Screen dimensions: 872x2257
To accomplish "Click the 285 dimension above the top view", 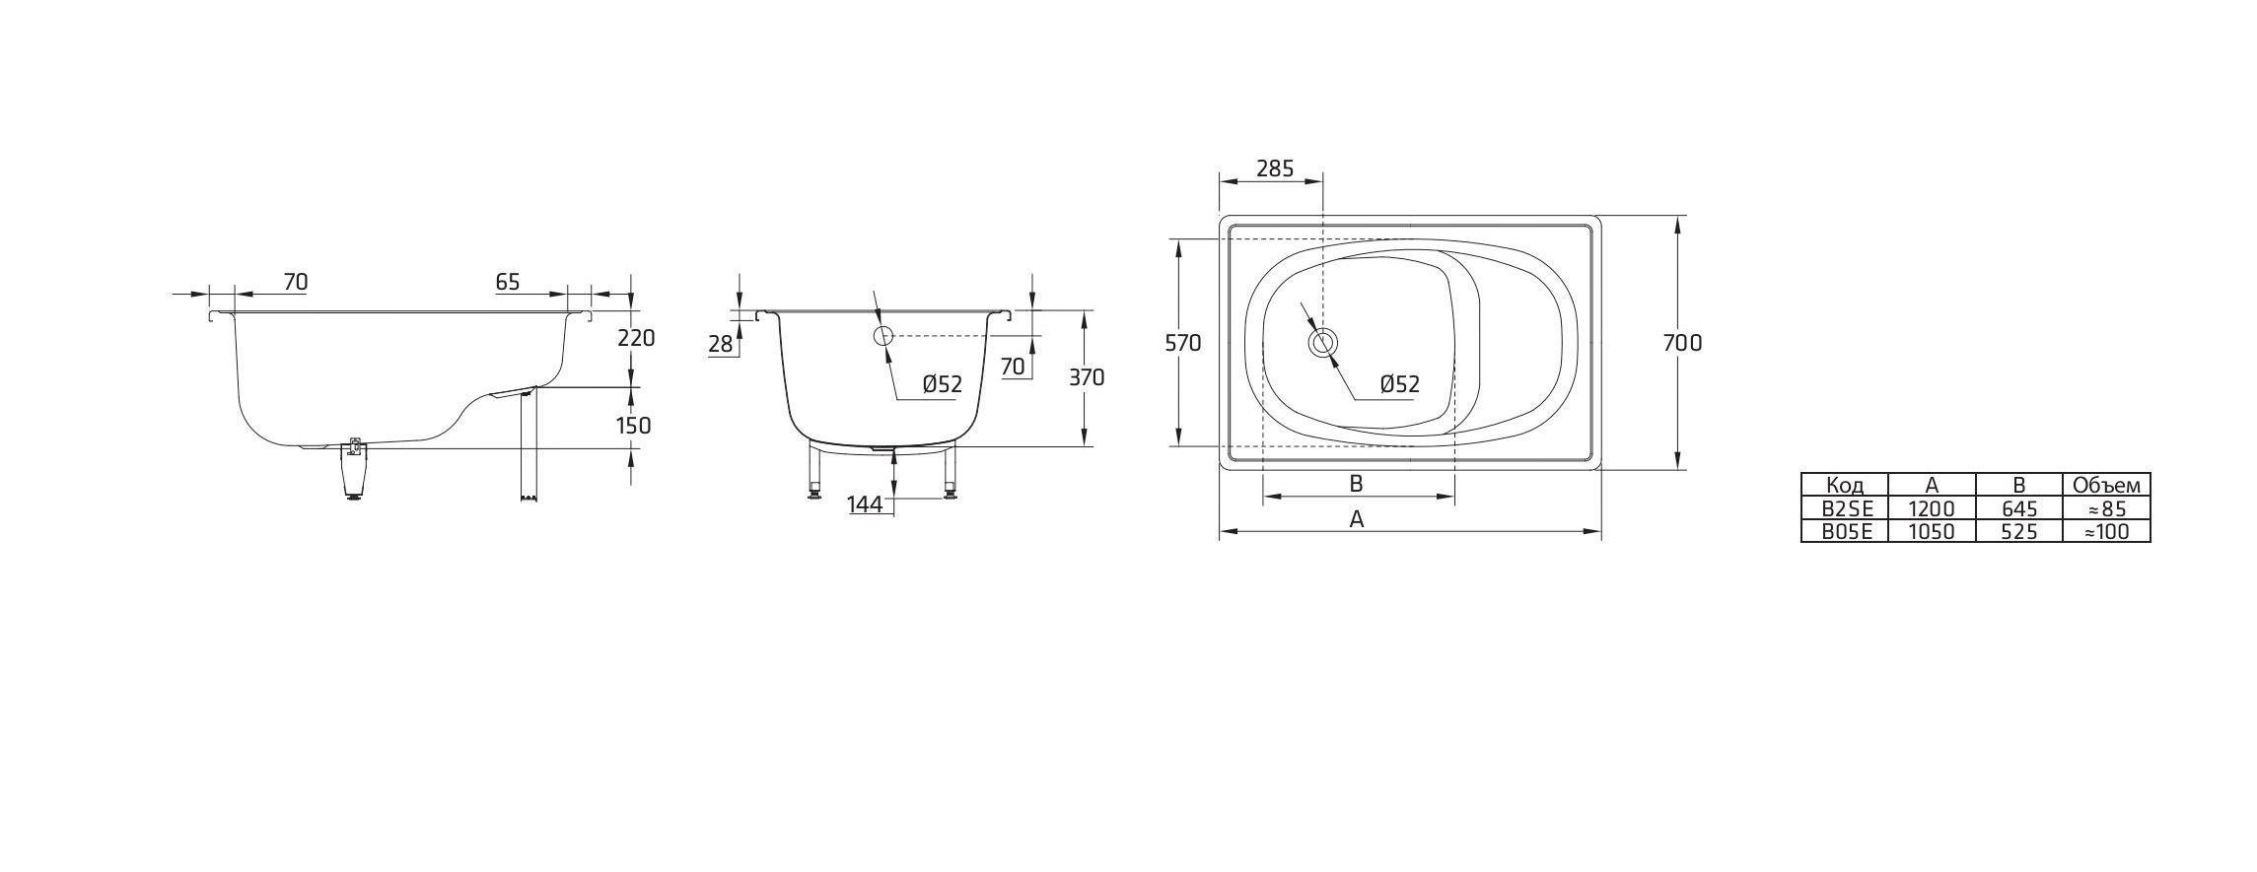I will tap(1274, 168).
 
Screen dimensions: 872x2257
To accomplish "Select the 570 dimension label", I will tap(1182, 343).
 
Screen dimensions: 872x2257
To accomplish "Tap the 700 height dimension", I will tap(1682, 343).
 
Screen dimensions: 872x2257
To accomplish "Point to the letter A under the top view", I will tap(1357, 519).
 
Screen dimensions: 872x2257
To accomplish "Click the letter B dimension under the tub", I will tap(1356, 484).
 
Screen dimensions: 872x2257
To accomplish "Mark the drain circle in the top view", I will tap(1322, 343).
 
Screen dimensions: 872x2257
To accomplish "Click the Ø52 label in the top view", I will tap(1399, 384).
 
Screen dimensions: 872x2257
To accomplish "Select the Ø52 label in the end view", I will tap(942, 384).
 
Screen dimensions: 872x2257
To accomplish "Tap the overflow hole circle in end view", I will tap(882, 336).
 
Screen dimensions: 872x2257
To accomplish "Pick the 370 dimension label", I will tap(1087, 377).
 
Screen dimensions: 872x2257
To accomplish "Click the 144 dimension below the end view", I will tap(864, 504).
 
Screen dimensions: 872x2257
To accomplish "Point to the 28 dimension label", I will tap(721, 344).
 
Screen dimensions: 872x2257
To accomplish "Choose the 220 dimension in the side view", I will tap(635, 338).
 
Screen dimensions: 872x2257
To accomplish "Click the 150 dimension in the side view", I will tap(633, 426).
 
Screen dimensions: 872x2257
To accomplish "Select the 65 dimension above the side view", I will tap(507, 282).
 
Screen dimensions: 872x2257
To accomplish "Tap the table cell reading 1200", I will tap(1932, 508).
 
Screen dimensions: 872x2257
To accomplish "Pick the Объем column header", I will tap(2106, 485).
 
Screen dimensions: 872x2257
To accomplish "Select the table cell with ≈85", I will tap(2106, 508).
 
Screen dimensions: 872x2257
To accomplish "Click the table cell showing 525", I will tap(2018, 532).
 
